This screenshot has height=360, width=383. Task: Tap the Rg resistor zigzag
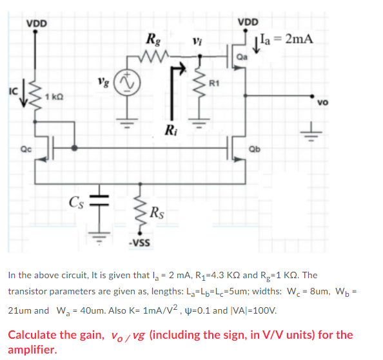tap(155, 55)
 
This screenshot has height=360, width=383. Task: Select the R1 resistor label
tap(214, 84)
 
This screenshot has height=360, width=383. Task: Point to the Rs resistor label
tap(157, 213)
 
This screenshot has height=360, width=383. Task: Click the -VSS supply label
tap(139, 243)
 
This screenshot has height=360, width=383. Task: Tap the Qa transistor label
tap(242, 57)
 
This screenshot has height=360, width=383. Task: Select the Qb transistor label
tap(255, 149)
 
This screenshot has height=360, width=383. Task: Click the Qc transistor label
tap(26, 149)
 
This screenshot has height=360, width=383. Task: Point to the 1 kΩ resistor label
tap(54, 97)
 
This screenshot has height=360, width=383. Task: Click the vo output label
tap(322, 102)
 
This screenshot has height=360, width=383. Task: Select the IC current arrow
tap(24, 93)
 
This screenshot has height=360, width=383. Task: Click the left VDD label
tap(37, 24)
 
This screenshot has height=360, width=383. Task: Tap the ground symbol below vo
tap(311, 133)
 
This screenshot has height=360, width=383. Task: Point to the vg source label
tap(103, 82)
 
